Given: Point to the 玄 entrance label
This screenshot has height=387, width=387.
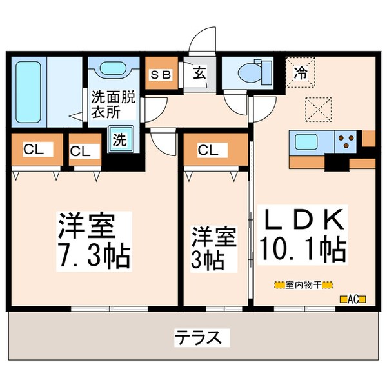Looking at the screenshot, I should pos(199,72).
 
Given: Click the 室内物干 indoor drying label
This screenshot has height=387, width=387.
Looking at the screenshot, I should pos(303,284).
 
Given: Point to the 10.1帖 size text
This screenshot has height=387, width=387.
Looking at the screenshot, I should pos(303,247).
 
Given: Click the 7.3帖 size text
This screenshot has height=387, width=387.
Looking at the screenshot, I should pos(94,255).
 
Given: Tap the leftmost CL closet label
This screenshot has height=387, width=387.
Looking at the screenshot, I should pos(34,150).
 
